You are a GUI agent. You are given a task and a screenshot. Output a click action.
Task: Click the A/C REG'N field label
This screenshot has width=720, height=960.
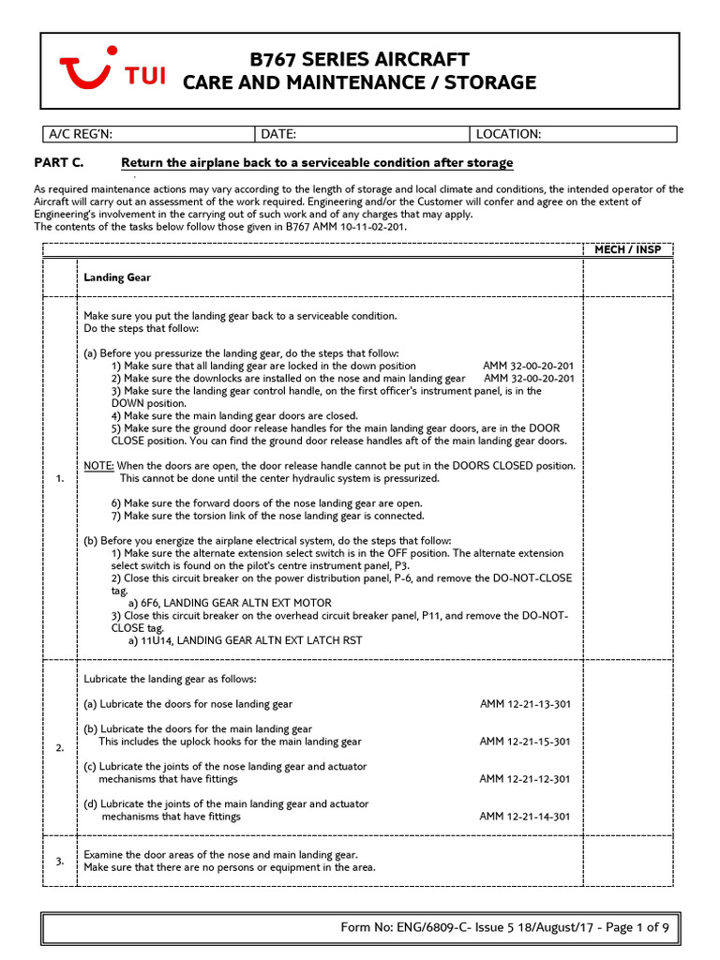(82, 134)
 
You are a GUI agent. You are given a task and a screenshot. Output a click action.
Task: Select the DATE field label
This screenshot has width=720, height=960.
(278, 134)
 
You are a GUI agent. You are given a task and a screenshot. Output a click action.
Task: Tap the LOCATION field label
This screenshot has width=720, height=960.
(509, 134)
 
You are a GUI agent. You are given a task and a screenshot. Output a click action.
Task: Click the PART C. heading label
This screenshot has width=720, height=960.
(59, 163)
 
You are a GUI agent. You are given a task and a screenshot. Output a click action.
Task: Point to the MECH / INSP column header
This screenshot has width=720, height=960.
(627, 249)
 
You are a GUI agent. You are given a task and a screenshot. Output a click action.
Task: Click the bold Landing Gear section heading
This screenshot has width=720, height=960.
(117, 277)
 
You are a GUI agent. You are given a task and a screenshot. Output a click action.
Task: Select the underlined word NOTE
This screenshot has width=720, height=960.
(98, 466)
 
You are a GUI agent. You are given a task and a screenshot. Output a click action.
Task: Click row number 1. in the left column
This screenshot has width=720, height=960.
(60, 478)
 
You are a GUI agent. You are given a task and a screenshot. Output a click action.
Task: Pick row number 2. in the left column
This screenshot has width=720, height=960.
(60, 747)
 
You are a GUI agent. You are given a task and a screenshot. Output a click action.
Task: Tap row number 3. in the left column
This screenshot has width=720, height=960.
(60, 861)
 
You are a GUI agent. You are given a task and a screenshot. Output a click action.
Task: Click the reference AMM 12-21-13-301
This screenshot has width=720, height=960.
(524, 704)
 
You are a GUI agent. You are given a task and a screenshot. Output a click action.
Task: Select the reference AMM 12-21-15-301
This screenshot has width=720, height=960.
(524, 742)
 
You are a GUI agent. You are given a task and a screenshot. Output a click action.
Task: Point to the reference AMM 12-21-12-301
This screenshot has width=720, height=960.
(524, 779)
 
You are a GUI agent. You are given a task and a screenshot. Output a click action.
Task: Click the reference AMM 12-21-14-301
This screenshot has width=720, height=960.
(524, 817)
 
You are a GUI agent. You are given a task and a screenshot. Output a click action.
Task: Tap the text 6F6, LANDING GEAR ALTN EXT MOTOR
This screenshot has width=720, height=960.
(230, 603)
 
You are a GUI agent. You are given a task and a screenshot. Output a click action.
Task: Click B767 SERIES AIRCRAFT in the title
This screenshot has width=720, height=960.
(359, 60)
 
